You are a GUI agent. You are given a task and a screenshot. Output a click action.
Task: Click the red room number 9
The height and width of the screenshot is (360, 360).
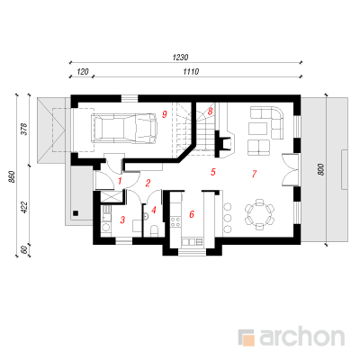pos(164,114)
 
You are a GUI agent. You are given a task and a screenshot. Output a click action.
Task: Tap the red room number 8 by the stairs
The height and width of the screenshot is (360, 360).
pos(210,112)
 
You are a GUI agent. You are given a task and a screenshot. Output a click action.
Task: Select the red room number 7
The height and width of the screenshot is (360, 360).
pos(254,174)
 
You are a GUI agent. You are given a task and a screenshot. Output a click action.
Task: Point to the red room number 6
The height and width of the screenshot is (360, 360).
pos(192,214)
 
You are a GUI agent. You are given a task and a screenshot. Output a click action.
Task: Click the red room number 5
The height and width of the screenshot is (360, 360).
pos(213,172)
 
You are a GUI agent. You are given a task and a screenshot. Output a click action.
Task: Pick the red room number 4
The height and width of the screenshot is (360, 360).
pos(154,210)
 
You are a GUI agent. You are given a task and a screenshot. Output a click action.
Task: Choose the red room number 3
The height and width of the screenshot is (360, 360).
pos(122,220)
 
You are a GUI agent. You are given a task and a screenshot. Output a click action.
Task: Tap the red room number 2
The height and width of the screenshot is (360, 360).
pos(148,183)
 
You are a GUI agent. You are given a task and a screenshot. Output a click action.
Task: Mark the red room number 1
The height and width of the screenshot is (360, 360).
pos(120,181)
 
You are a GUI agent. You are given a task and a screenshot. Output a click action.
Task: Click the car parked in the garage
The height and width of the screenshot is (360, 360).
pos(125,128)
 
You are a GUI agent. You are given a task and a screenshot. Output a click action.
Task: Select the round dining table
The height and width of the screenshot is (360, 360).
pos(259,214)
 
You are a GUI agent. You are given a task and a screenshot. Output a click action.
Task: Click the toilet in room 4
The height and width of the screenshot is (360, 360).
pos(154,231)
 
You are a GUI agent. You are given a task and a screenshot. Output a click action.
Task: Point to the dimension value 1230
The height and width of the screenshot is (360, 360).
pos(180,58)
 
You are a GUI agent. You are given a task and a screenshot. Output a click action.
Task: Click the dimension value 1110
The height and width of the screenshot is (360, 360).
pos(191,72)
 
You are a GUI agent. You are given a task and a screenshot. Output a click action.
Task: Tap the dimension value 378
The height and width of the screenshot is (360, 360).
pos(24,129)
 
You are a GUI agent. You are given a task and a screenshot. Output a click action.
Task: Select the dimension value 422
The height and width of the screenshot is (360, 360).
pos(24,208)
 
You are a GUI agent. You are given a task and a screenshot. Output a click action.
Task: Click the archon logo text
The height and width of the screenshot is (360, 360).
pos(301,337)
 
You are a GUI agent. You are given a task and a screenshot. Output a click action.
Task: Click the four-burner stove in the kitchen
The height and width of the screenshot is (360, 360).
pos(175,222)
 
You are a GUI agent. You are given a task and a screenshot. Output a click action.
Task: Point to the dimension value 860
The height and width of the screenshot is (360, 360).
pos(12,177)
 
